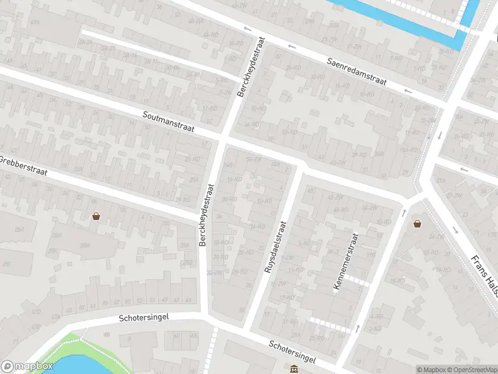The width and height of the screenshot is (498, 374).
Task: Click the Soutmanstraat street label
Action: [168, 122]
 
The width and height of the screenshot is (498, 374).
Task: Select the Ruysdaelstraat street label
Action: [275, 247]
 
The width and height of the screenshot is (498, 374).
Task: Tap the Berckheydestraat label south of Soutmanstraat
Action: [207, 214]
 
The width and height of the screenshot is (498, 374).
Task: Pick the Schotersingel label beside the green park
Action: [143, 318]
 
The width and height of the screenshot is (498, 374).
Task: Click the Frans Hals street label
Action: [482, 268]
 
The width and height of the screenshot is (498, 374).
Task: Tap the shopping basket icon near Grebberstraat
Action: [96, 216]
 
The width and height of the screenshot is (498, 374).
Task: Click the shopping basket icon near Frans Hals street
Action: [417, 223]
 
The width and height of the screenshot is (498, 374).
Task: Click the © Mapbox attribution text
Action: [431, 370]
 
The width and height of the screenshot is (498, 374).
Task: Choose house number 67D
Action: [36, 310]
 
